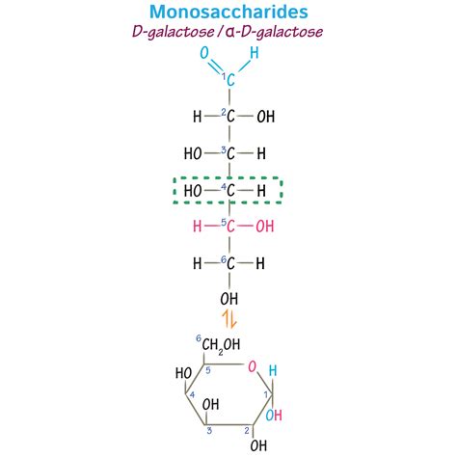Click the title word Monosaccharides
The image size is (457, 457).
(x=228, y=12)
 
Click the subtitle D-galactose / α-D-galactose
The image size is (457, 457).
(x=228, y=32)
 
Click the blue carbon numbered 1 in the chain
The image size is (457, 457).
(x=229, y=81)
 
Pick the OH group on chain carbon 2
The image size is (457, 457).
(x=264, y=117)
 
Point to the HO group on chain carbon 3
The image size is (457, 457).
(x=193, y=153)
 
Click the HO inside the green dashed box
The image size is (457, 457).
(x=193, y=190)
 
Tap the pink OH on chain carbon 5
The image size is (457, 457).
(x=264, y=227)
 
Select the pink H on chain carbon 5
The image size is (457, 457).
(x=198, y=227)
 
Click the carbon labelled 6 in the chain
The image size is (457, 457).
(x=229, y=263)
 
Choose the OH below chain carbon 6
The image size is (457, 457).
(x=230, y=298)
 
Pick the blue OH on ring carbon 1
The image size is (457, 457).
(x=275, y=415)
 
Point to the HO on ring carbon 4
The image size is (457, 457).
(x=182, y=374)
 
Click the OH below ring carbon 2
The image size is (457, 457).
(x=257, y=445)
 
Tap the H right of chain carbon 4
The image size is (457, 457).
(x=260, y=190)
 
